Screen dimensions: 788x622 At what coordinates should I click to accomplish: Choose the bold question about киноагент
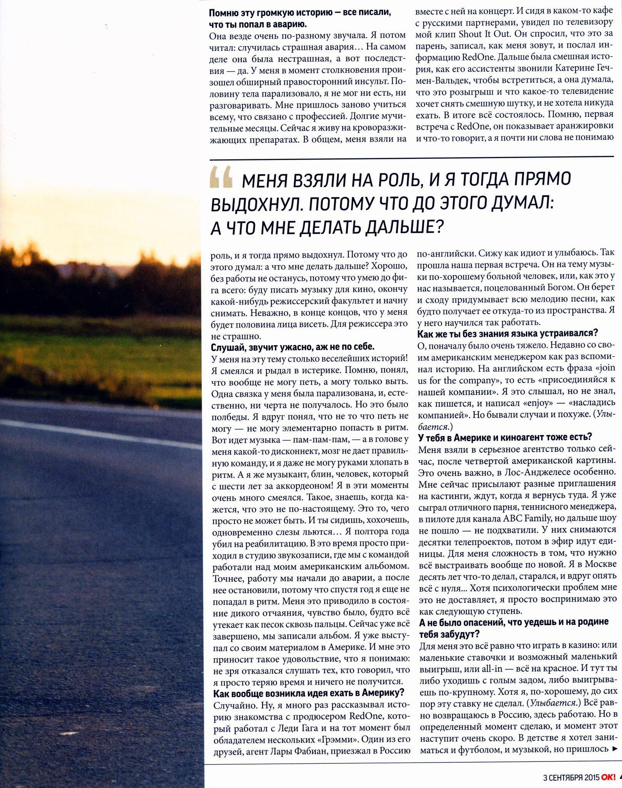(x=505, y=437)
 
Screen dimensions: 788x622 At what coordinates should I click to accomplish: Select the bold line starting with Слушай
(x=293, y=347)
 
